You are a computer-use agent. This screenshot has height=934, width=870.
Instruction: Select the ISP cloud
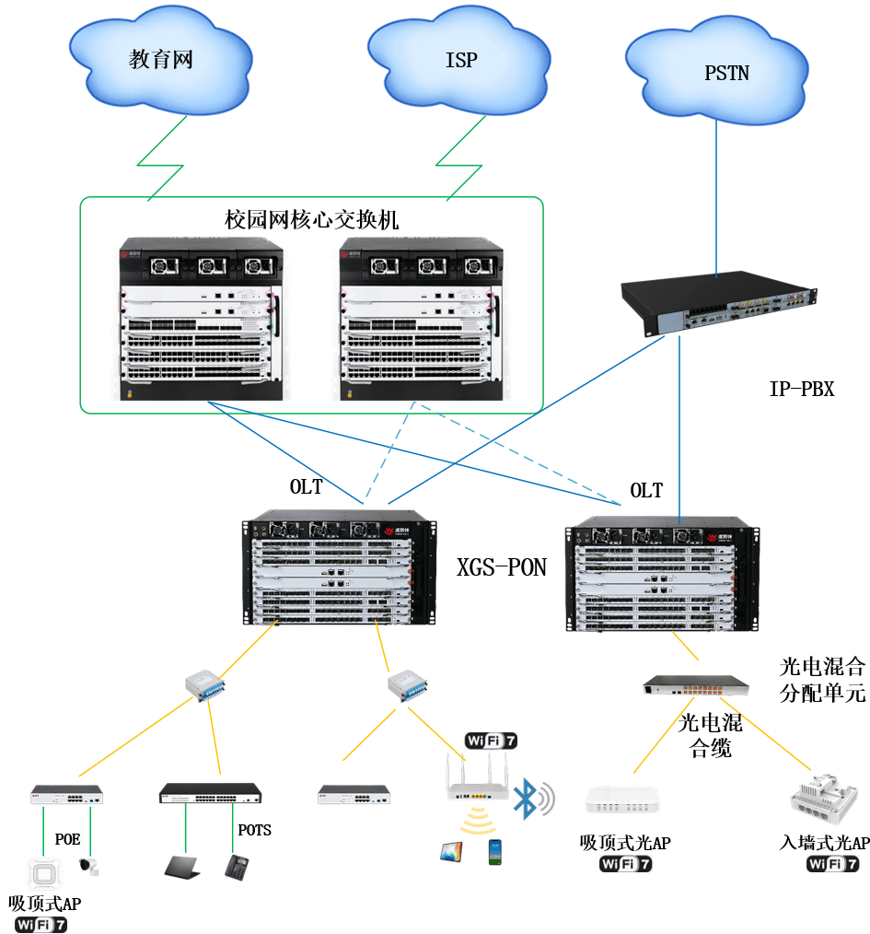pos(460,61)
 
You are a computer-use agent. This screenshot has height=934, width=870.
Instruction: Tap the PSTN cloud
pos(726,72)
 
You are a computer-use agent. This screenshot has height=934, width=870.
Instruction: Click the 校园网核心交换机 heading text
pos(311,219)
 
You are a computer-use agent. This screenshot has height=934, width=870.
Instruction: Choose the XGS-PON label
pos(502,567)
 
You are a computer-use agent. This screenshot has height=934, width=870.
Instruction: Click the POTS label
pos(255,830)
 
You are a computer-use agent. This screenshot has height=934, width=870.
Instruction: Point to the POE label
pos(68,839)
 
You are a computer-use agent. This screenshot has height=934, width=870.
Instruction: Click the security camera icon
pos(88,865)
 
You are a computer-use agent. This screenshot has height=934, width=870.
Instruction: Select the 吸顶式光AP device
pos(625,800)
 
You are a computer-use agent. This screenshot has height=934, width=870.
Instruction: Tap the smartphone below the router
pos(496,850)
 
